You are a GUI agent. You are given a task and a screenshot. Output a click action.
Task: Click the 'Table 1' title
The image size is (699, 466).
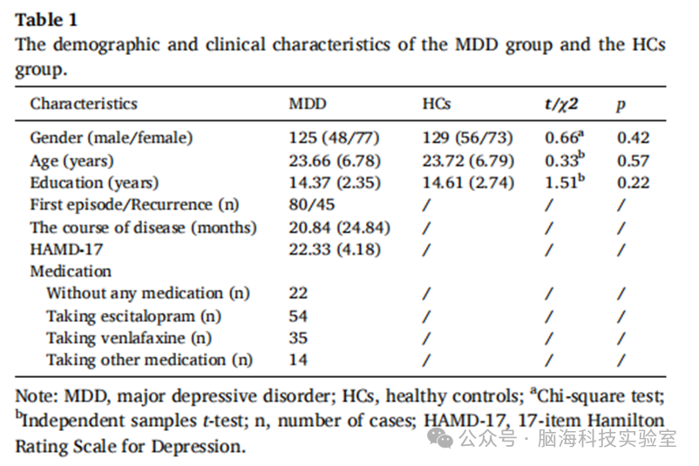click(46, 20)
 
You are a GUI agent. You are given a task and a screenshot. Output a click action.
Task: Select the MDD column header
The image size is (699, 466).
click(308, 104)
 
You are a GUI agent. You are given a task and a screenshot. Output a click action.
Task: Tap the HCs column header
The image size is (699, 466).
click(437, 104)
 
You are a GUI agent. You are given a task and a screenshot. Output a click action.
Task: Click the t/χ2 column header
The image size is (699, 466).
click(561, 104)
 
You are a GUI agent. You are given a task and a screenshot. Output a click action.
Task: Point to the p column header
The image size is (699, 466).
click(621, 106)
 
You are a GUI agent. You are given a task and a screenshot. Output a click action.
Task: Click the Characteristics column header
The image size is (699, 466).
click(84, 104)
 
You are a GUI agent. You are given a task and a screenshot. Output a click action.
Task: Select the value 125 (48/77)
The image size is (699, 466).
click(334, 138)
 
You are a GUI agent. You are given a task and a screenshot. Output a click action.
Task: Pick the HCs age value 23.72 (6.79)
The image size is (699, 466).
click(468, 161)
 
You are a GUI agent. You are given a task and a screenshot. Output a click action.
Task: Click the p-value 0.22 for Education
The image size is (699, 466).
click(633, 182)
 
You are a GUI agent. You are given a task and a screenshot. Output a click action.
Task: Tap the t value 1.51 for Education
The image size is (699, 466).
click(565, 182)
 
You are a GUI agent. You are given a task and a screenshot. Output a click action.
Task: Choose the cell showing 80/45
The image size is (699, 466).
click(312, 204)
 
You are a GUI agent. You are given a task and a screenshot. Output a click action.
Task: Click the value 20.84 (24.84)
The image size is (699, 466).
click(339, 228)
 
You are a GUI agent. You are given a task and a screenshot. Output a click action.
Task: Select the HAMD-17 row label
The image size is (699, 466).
click(66, 249)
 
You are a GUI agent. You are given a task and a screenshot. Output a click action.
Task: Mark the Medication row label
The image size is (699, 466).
click(71, 271)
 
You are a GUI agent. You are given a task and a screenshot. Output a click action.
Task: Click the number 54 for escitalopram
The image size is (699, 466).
click(298, 316)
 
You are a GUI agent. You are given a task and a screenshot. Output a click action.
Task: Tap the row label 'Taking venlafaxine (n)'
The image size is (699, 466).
click(129, 338)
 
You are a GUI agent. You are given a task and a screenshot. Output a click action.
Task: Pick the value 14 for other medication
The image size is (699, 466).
click(298, 360)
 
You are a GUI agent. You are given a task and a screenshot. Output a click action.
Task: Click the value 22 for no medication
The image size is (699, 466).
click(298, 293)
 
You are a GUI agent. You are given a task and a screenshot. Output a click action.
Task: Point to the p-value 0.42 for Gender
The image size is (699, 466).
click(633, 138)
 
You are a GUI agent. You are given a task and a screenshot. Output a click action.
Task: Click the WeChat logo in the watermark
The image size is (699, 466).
click(440, 438)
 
